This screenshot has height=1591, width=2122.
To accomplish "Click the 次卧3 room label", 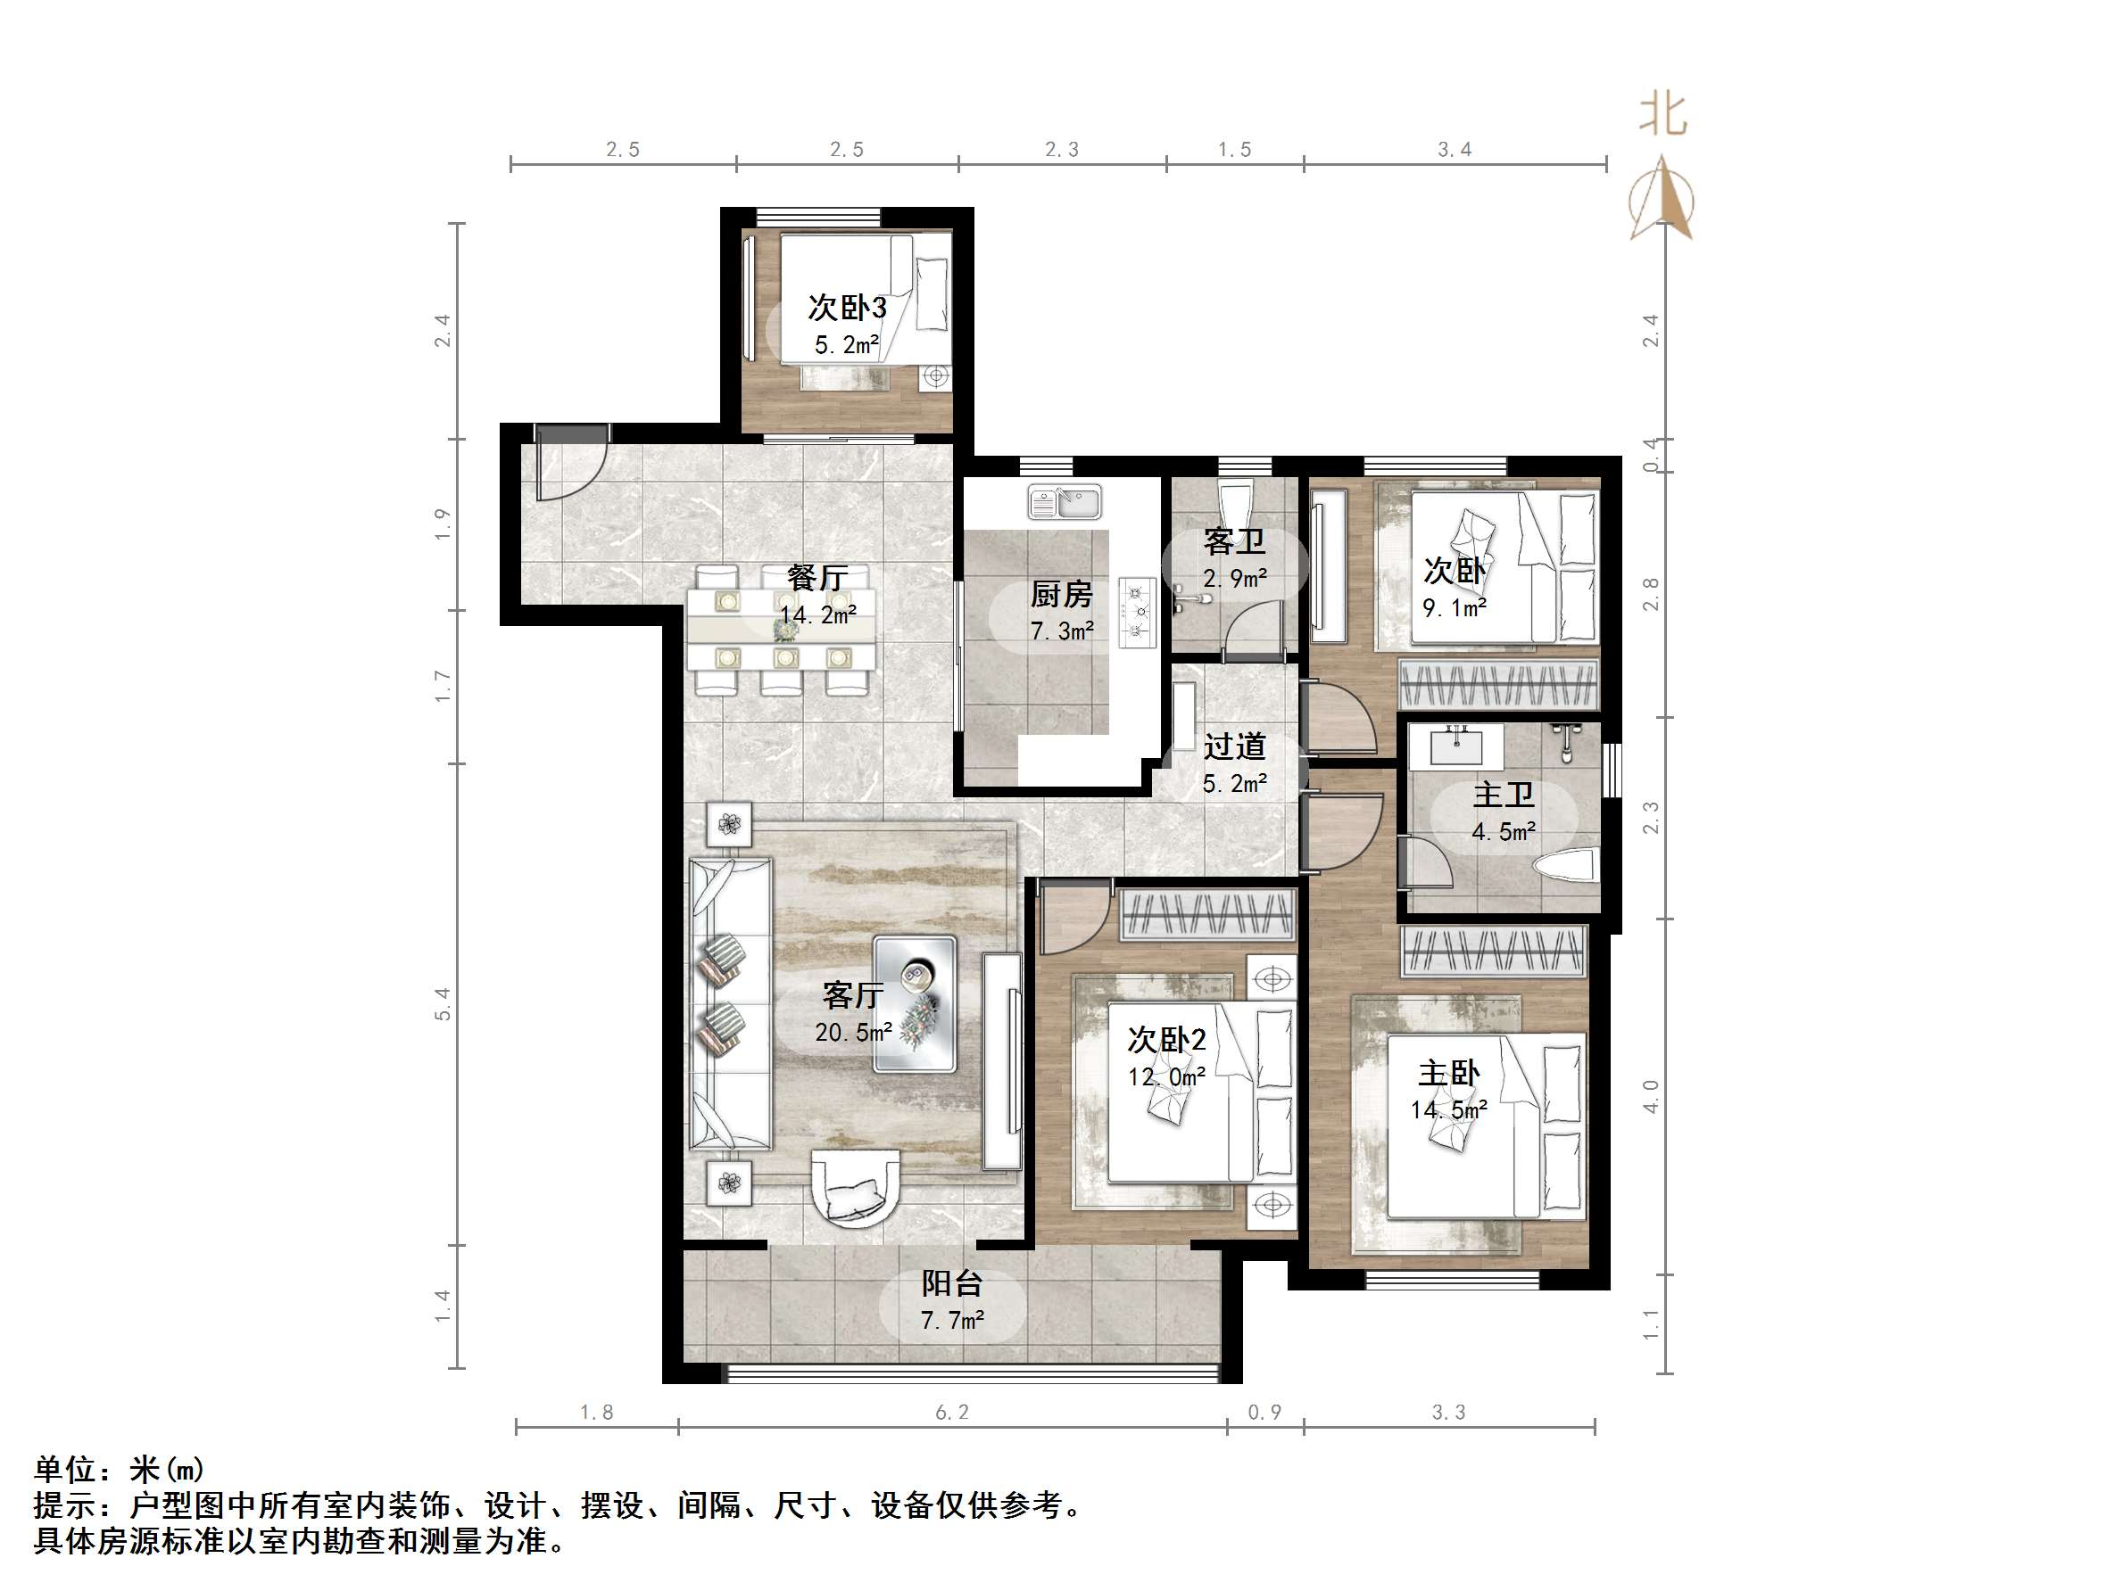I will coord(846,308).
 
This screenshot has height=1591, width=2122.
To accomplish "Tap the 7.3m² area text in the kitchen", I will coord(1061,631).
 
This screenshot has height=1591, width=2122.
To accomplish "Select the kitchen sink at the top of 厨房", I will coord(1064,501).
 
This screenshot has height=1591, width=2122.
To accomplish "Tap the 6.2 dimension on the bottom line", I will coord(951,1413).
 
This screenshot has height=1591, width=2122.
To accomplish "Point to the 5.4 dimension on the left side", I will coord(443,1003).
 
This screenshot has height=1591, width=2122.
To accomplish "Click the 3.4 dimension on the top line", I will coord(1455,150).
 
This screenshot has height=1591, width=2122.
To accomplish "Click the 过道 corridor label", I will coord(1235,746).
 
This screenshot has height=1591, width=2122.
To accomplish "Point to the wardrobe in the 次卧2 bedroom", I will coord(1207,914).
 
